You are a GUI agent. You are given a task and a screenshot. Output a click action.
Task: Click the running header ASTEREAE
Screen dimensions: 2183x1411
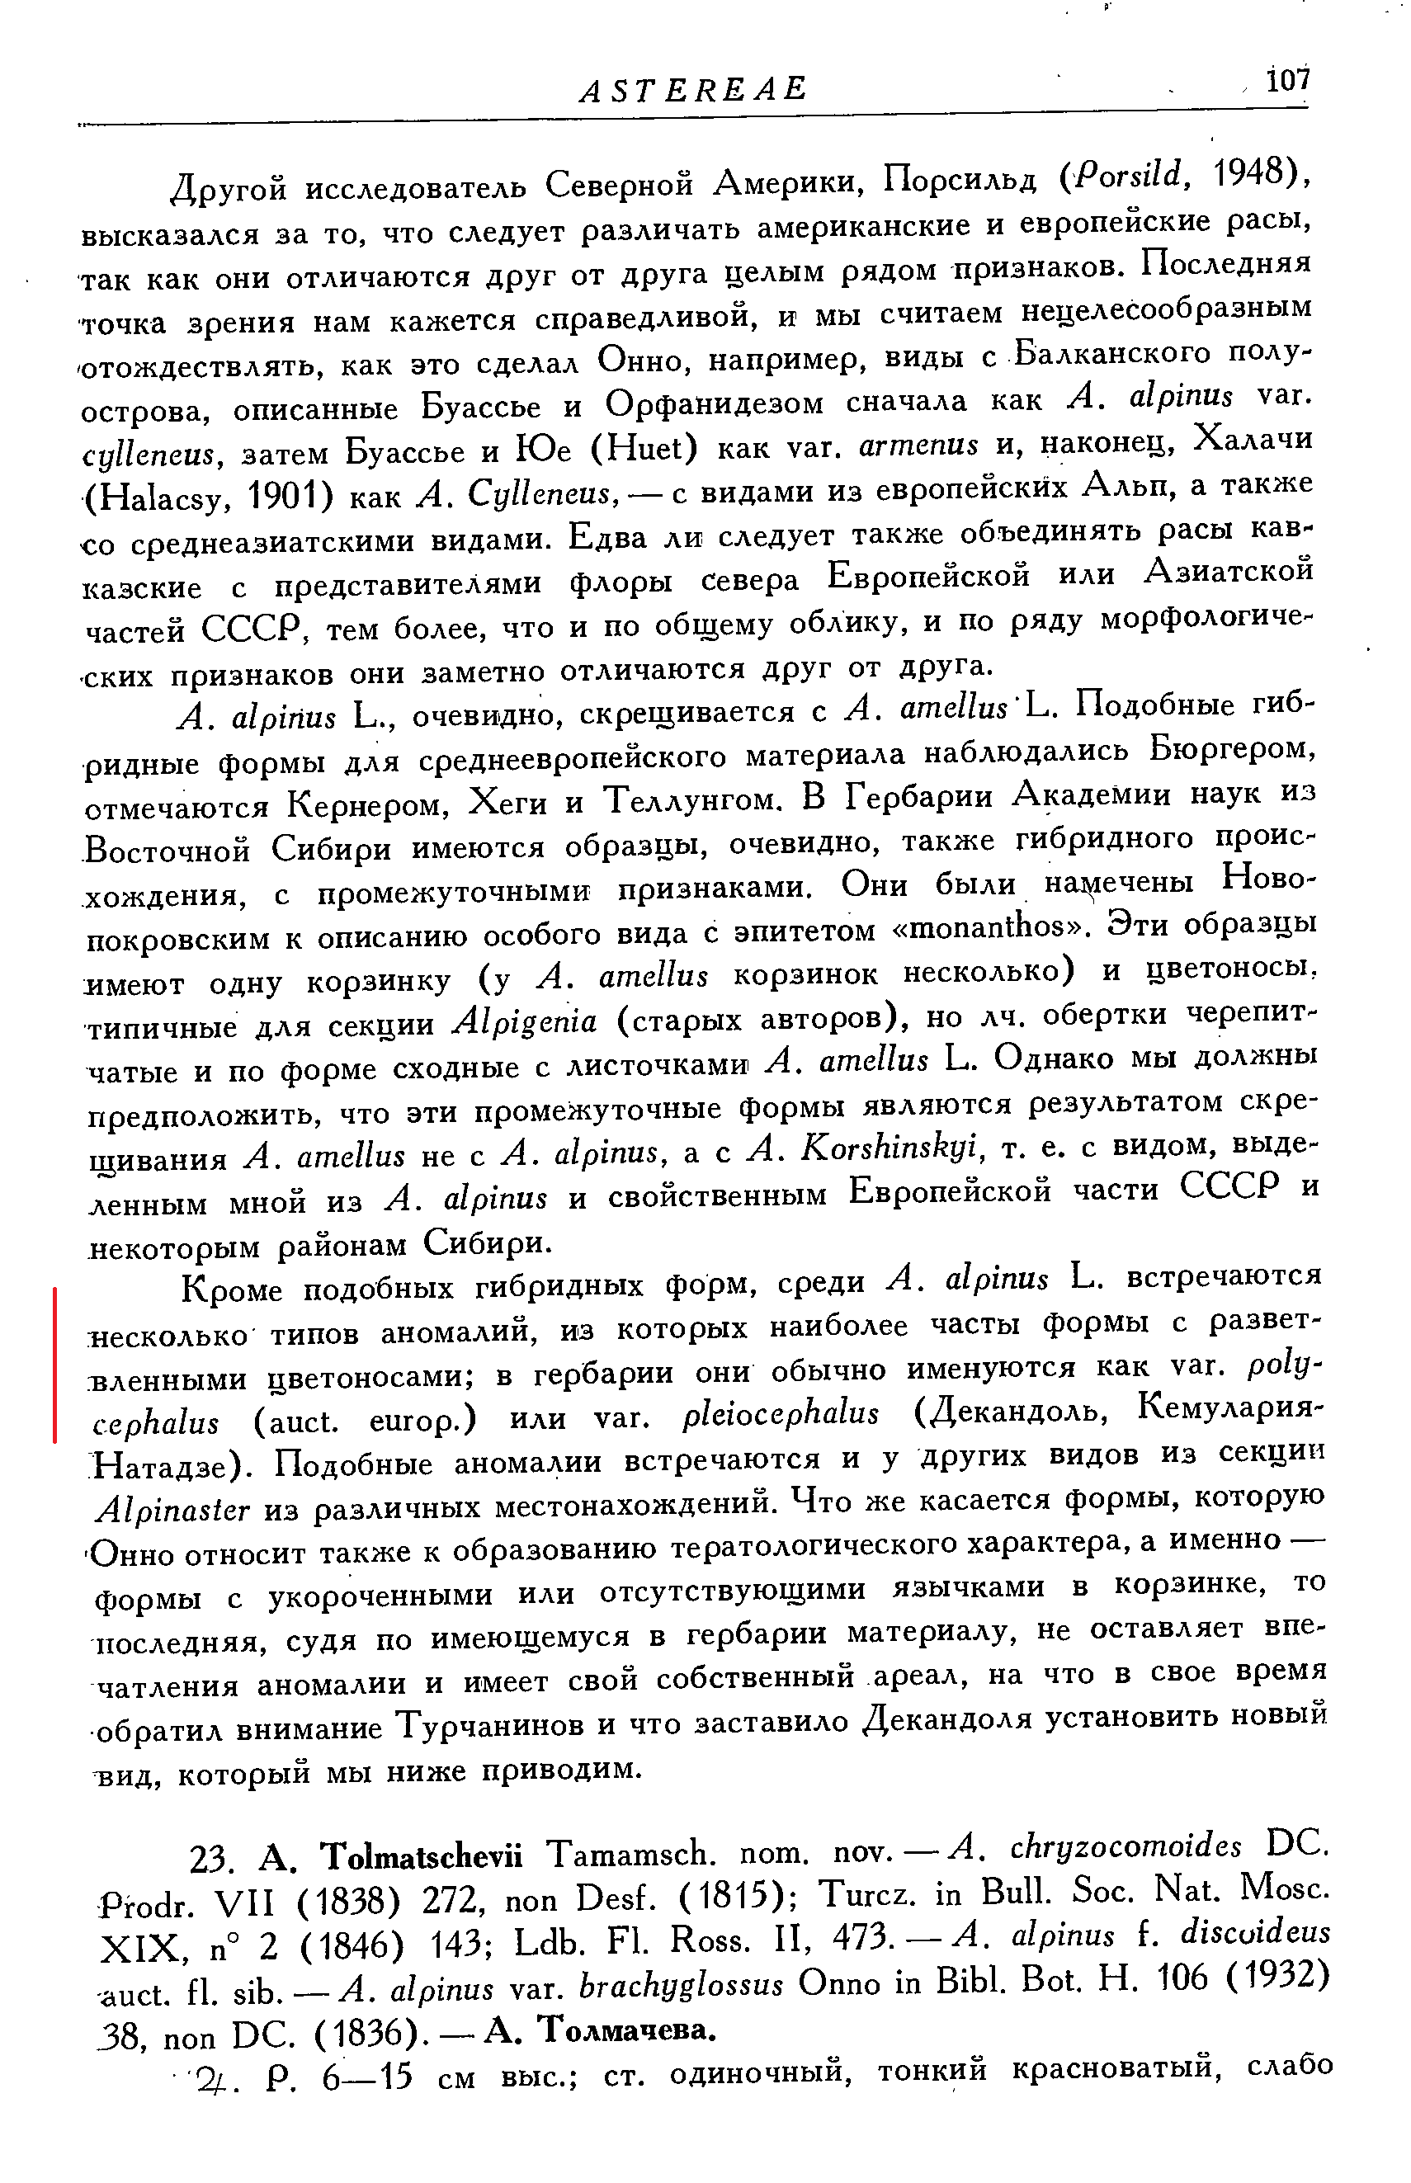click(x=694, y=89)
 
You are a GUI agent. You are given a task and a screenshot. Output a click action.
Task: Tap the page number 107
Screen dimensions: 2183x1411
click(x=1287, y=81)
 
